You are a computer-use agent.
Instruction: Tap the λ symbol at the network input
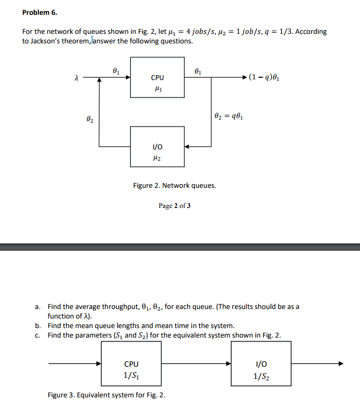[77, 78]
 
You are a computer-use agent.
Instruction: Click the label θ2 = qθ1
[229, 116]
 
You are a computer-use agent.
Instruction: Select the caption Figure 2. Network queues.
[174, 186]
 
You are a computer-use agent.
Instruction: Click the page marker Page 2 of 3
[174, 205]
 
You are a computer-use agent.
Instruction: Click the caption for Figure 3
[106, 395]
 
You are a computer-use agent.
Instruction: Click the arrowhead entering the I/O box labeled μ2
[188, 146]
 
